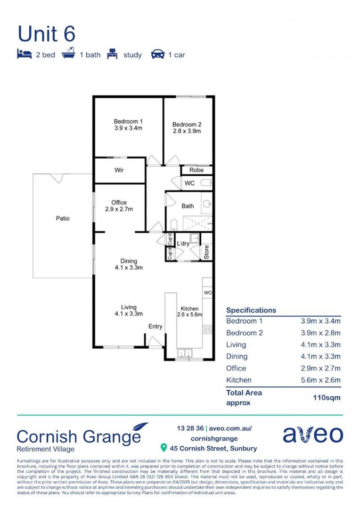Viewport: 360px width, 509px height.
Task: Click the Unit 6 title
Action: tap(46, 34)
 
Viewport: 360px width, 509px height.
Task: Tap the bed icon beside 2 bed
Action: tap(24, 55)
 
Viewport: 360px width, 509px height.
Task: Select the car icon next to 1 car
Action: tap(157, 55)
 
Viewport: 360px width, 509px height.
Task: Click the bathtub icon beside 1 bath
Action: tap(69, 54)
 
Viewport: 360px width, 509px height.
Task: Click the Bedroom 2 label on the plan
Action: tap(187, 128)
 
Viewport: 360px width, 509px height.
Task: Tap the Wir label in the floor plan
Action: tap(119, 170)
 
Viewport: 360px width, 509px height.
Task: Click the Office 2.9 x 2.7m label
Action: tap(119, 206)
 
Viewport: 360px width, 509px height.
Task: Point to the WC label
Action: tap(189, 183)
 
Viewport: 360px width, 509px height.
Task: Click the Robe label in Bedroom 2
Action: tap(196, 170)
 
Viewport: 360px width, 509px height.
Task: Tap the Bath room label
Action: tap(188, 206)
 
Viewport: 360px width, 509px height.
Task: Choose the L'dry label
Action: tap(183, 244)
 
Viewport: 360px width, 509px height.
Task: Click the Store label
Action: tap(206, 252)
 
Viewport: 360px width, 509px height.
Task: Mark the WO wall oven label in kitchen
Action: tap(207, 293)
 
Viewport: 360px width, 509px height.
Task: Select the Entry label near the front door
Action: tap(155, 327)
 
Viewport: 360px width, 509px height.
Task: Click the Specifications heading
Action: tap(251, 310)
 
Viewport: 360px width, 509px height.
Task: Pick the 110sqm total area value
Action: tap(327, 397)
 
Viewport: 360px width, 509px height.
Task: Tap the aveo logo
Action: tap(312, 435)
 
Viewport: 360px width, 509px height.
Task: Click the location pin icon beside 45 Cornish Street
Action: tap(164, 447)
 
